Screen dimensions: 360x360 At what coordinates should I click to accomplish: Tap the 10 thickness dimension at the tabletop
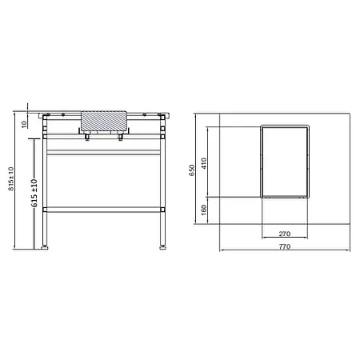[24, 123]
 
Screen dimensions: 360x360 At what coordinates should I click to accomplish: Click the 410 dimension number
[204, 162]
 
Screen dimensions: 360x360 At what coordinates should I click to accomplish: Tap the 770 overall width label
[284, 248]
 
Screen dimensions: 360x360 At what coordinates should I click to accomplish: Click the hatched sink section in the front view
[104, 118]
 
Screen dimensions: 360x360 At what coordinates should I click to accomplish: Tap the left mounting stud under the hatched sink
[87, 138]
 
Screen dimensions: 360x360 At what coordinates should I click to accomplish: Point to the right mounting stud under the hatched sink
[121, 138]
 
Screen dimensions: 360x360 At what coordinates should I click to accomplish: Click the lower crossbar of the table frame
[104, 210]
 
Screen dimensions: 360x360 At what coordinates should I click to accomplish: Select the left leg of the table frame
[46, 184]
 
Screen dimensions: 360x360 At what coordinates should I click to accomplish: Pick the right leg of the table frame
[163, 184]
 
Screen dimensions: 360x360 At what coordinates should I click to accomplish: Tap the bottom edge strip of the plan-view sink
[285, 195]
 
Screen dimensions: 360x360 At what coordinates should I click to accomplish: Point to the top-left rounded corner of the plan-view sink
[264, 126]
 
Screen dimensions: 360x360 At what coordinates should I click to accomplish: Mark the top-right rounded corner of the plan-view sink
[306, 126]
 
